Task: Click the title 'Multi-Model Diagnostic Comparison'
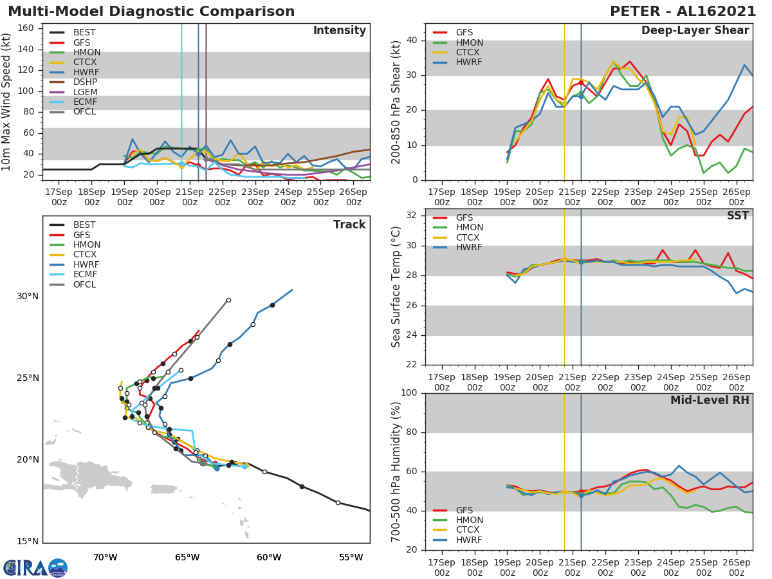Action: (151, 12)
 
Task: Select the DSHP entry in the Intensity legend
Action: (85, 82)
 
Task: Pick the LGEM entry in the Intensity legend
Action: (85, 92)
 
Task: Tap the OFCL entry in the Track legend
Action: (84, 284)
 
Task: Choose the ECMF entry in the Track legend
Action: (85, 275)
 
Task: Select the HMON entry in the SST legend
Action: (470, 228)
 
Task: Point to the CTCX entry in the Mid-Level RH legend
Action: (469, 530)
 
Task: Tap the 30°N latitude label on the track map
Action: (28, 297)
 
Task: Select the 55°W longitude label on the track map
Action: (351, 557)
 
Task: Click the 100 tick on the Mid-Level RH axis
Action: (408, 393)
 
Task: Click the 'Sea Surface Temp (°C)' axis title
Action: (396, 288)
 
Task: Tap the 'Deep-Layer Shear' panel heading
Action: (695, 31)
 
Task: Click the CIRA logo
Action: (35, 567)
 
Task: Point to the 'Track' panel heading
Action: (349, 225)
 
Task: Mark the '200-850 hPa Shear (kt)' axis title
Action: (396, 102)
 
